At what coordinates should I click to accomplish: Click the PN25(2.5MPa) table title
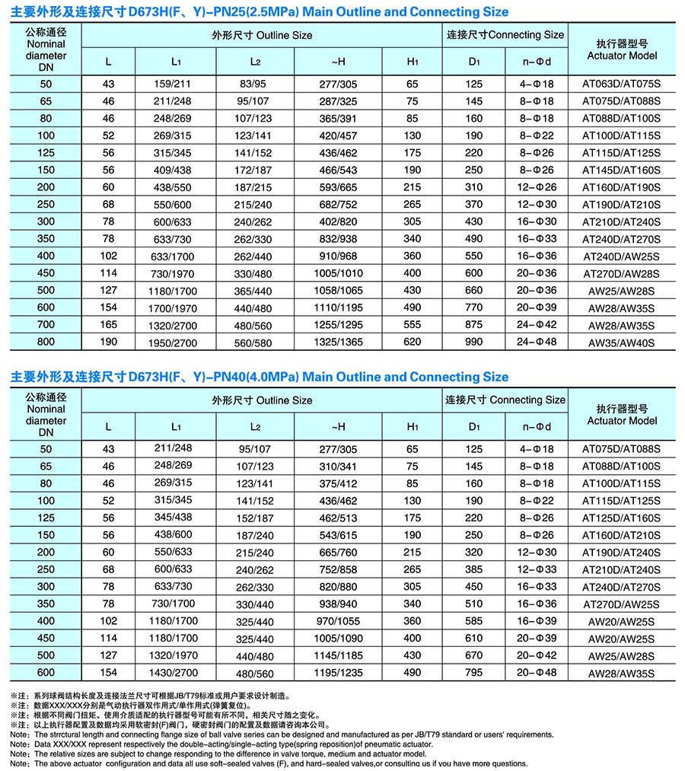260,12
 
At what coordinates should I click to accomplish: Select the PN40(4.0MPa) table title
260,377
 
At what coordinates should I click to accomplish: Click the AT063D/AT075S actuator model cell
622,84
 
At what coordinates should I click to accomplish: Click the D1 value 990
474,342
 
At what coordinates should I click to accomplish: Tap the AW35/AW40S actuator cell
622,342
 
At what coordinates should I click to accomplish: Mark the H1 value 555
413,324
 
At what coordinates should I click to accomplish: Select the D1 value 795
474,672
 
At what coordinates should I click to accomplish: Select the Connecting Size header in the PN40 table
505,400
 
